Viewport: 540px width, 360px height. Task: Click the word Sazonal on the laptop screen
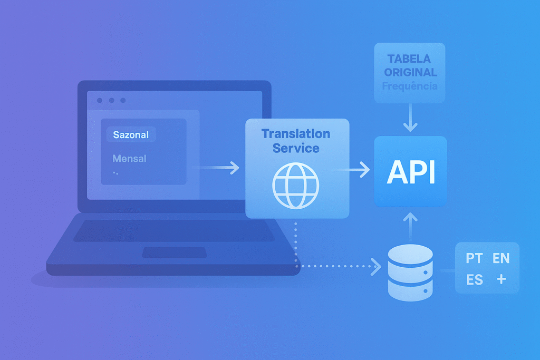coord(131,135)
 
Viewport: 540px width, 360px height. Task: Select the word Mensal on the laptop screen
coord(129,158)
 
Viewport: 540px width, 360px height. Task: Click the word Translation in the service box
coord(296,134)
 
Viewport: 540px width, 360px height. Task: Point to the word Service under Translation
coord(296,148)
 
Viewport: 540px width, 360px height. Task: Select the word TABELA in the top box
coord(409,59)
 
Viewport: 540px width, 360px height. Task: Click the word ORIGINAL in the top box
coord(410,72)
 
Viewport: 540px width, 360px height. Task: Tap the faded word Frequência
coord(410,85)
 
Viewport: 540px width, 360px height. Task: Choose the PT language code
coord(474,258)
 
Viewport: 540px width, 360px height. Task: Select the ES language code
coord(475,280)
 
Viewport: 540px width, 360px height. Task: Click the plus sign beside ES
coord(501,279)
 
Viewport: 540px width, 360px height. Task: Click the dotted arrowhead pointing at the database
coord(377,266)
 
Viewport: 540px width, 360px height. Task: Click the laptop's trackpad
coord(175,252)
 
